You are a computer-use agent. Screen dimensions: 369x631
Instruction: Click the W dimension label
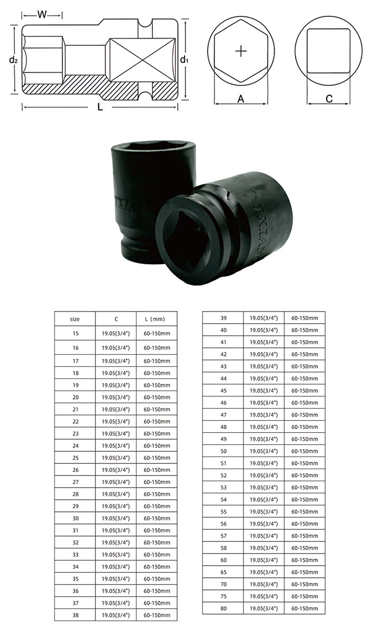point(42,15)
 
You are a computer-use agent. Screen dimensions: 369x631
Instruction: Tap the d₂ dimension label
point(13,60)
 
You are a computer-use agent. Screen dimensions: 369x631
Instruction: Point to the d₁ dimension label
point(184,60)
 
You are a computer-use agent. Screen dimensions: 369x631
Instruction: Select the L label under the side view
point(100,107)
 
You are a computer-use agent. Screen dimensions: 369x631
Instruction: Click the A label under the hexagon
point(240,99)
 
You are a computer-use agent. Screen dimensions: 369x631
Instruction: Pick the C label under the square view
point(329,99)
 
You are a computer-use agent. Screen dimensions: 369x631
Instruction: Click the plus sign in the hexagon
point(240,51)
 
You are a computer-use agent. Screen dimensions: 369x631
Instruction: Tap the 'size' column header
point(75,319)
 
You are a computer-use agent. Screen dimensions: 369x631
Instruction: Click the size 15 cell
point(76,334)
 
